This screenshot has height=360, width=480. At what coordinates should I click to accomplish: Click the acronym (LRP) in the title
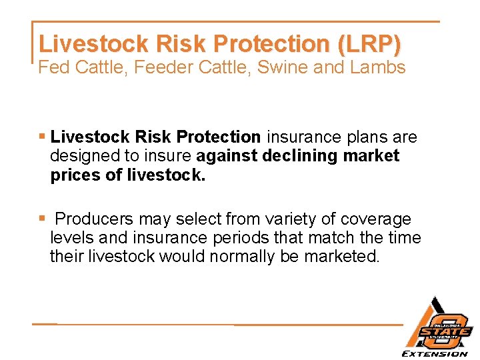pos(370,44)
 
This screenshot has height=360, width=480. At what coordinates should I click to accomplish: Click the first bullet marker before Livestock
pos(42,137)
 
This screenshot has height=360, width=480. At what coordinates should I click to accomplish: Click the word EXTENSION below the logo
pos(434,353)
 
